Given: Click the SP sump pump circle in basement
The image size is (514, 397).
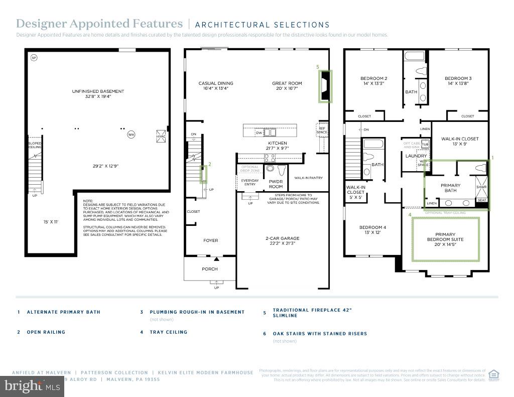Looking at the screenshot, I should click(x=34, y=58).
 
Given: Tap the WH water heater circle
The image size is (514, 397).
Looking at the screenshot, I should click(x=131, y=135).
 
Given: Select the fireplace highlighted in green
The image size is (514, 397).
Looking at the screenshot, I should click(x=324, y=86).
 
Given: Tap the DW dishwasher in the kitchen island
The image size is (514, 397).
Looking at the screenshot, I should click(x=259, y=133).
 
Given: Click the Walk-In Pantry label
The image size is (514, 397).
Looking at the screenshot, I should click(x=308, y=178).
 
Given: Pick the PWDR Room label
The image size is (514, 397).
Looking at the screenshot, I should click(x=276, y=184).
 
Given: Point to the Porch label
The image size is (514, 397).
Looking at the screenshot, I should click(x=210, y=269).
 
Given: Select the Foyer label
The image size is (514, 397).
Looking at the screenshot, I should click(x=211, y=240).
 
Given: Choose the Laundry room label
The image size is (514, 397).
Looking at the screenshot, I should click(x=416, y=156).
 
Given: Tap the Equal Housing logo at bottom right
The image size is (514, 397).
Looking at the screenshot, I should click(x=494, y=375).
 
